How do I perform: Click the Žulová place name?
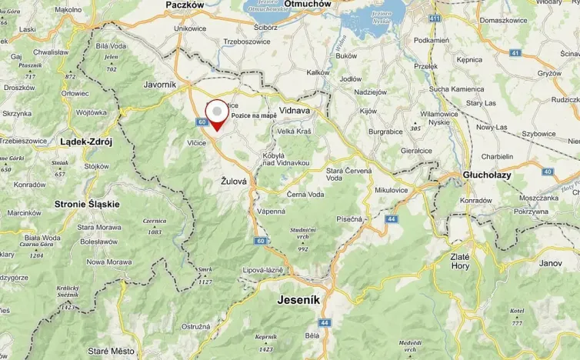pyautogui.click(x=233, y=182)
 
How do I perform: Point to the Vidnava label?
pyautogui.click(x=294, y=111)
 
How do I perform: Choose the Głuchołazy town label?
pyautogui.click(x=488, y=175)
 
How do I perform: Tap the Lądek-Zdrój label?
pyautogui.click(x=86, y=142)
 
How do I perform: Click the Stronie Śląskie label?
pyautogui.click(x=87, y=204)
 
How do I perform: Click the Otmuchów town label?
pyautogui.click(x=307, y=4)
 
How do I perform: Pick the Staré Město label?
pyautogui.click(x=111, y=351)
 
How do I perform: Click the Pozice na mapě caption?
pyautogui.click(x=253, y=115)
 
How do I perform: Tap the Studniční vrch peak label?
pyautogui.click(x=303, y=234)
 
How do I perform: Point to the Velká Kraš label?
pyautogui.click(x=294, y=132)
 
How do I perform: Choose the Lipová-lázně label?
pyautogui.click(x=263, y=271)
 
